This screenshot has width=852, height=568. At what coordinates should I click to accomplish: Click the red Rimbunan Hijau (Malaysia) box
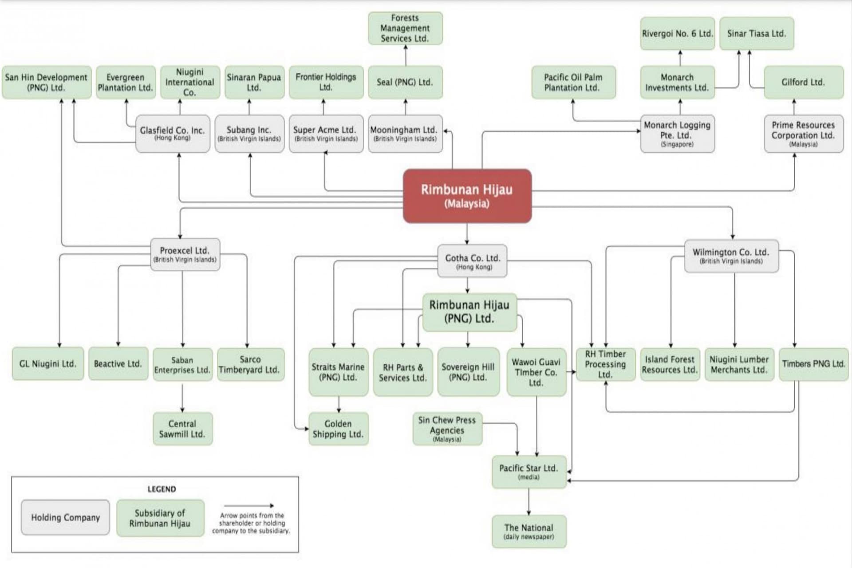click(467, 196)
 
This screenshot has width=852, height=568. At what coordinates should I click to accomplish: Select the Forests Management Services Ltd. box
click(405, 28)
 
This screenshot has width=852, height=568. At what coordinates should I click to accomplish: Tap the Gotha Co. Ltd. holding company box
click(472, 261)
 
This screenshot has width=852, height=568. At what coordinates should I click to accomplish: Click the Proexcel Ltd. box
click(185, 254)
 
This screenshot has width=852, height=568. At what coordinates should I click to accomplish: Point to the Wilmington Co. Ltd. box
click(731, 256)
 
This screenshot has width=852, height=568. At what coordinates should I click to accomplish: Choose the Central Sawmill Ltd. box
click(182, 429)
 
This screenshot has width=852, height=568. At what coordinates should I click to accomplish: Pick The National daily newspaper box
click(529, 531)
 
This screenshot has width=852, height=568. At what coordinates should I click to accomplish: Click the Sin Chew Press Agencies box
click(447, 429)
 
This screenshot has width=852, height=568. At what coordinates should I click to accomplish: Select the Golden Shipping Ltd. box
click(338, 429)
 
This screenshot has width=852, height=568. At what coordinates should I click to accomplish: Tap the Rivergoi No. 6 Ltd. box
click(677, 34)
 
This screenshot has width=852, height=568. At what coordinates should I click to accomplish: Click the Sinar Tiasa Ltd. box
click(756, 34)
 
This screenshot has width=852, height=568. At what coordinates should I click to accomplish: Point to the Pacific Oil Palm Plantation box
click(573, 82)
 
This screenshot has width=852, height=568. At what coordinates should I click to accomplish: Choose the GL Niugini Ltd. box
click(47, 364)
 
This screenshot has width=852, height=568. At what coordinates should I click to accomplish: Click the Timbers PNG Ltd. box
click(813, 364)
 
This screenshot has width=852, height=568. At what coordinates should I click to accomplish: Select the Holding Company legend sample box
click(65, 517)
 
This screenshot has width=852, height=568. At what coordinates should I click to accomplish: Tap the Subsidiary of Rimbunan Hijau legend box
click(160, 518)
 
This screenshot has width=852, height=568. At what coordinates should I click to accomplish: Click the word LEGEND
click(162, 489)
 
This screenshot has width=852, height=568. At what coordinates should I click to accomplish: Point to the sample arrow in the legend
click(249, 505)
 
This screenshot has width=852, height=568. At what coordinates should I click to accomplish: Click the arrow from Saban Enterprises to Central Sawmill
click(182, 398)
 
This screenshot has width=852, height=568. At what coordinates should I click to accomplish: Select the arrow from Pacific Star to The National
click(529, 501)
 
